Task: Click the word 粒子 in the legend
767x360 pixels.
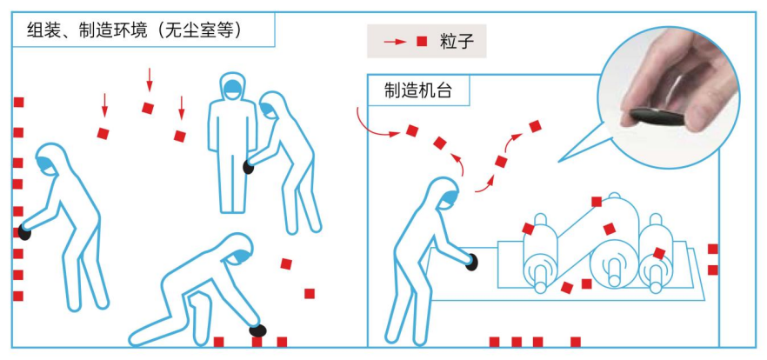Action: click(457, 41)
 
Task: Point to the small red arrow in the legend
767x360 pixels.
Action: click(395, 42)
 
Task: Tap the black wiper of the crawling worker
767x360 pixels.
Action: click(257, 330)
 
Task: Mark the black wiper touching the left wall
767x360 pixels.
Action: click(24, 232)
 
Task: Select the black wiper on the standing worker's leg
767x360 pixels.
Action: click(249, 168)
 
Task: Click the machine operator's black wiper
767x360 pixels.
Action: click(471, 262)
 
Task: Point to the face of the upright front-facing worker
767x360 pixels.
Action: click(232, 88)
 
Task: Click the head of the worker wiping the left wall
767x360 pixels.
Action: click(50, 159)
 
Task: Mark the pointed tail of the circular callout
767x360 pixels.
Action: click(558, 162)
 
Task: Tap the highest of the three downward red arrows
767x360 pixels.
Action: click(150, 80)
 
